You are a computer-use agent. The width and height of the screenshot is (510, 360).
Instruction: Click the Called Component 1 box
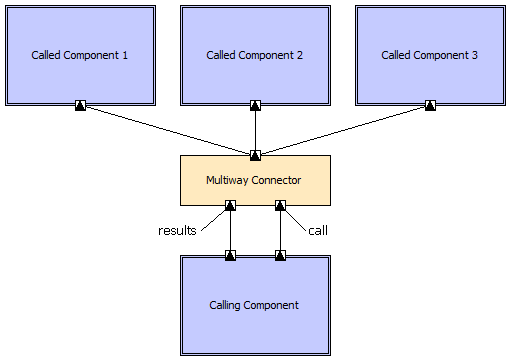pos(80,55)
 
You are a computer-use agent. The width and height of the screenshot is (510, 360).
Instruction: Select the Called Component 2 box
pos(255,55)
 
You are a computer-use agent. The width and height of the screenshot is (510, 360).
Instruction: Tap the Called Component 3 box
pos(430,55)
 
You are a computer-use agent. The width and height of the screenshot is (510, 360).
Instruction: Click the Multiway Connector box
pos(254,180)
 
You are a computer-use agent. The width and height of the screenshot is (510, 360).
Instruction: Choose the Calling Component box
pos(254,305)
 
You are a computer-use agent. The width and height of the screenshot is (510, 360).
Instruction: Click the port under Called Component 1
pos(80,105)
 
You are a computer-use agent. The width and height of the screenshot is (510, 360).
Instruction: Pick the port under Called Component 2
pos(255,105)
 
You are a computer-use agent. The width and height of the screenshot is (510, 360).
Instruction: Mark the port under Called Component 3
pos(430,105)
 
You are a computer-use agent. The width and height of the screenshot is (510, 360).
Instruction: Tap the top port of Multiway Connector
pos(255,155)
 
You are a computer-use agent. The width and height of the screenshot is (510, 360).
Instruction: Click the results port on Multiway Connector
pos(230,205)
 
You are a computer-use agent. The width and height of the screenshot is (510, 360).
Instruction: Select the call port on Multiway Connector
pos(280,205)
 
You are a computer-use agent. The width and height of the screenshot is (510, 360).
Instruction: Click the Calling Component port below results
pos(230,255)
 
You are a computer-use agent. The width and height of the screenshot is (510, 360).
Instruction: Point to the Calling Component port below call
pos(280,255)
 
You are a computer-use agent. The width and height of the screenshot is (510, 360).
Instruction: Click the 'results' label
pos(177,230)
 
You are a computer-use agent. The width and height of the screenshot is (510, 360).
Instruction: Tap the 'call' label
pos(317,230)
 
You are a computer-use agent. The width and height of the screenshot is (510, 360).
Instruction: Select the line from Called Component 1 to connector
pos(167,130)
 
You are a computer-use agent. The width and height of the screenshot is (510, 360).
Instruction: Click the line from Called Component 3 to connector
pos(343,130)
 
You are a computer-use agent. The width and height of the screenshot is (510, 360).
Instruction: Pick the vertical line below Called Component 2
pos(255,130)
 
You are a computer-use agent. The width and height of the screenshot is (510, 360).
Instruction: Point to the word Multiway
pos(228,180)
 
